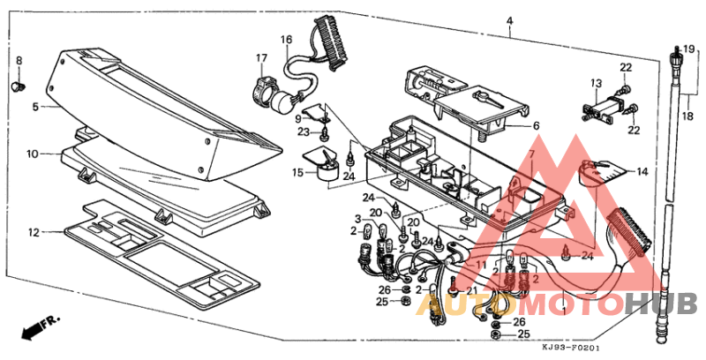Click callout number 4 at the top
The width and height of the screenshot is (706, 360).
coord(509,20)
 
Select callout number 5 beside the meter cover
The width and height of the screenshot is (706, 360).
coord(35,107)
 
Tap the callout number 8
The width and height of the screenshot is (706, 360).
coord(19,60)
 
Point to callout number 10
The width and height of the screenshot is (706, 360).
coord(32,154)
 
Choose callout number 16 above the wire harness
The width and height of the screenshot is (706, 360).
coord(287,40)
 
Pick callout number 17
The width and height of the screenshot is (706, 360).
coord(261,58)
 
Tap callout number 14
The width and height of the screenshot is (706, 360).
coord(642,172)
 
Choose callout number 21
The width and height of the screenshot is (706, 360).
coord(472,290)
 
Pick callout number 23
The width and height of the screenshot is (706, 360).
coord(303,132)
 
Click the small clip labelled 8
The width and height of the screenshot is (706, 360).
coord(18,86)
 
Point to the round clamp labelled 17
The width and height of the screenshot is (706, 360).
coord(264,87)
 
